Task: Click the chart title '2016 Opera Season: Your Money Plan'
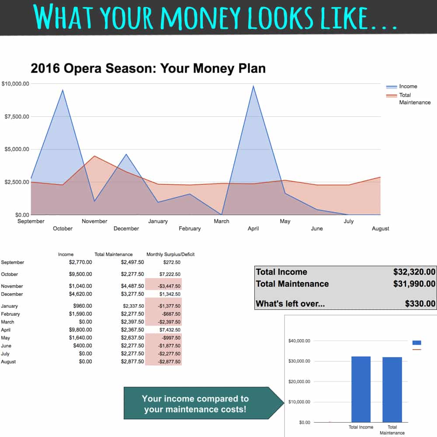(x=148, y=69)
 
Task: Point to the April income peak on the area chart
(x=253, y=86)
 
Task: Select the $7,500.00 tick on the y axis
(x=17, y=117)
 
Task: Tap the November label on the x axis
(x=94, y=221)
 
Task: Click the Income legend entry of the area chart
(x=402, y=87)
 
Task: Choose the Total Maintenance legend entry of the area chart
(x=408, y=99)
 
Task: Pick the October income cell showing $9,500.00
(x=80, y=274)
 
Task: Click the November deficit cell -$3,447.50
(x=169, y=286)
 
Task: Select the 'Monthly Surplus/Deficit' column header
(x=170, y=254)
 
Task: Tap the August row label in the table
(x=8, y=362)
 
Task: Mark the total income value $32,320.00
(x=414, y=272)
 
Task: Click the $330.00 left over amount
(x=420, y=304)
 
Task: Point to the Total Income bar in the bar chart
(x=361, y=389)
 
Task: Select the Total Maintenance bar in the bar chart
(x=392, y=390)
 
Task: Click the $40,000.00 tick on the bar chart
(x=299, y=341)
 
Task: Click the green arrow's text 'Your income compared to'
(x=195, y=399)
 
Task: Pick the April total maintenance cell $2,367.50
(x=132, y=330)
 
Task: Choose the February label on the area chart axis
(x=190, y=229)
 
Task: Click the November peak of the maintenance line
(x=94, y=156)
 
